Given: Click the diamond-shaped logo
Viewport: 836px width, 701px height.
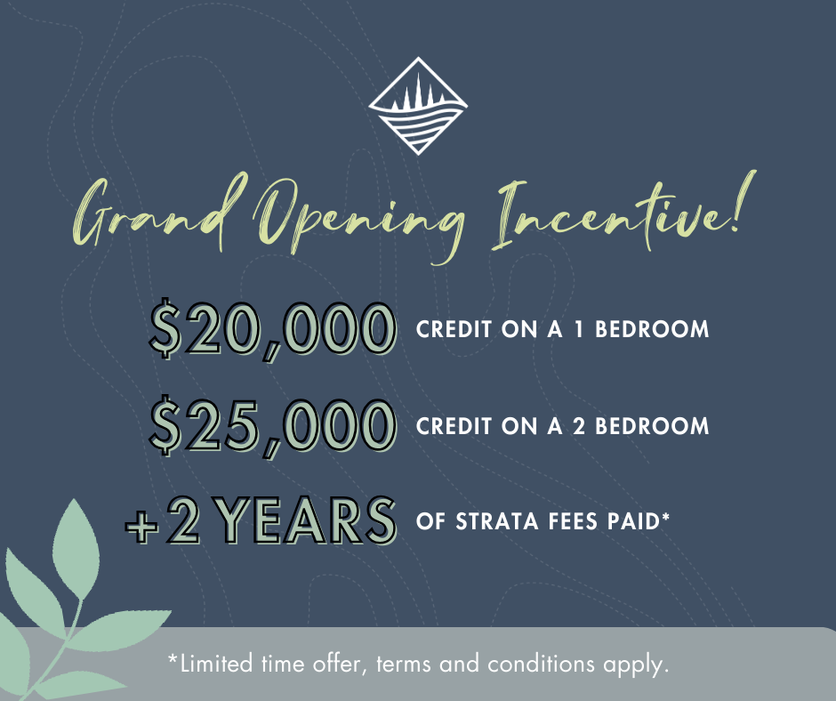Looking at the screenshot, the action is [x=418, y=106].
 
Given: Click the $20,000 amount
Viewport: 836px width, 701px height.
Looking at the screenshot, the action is [x=272, y=329].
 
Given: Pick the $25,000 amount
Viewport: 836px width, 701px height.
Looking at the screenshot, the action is [x=272, y=426].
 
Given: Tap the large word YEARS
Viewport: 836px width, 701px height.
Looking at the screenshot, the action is [x=307, y=520].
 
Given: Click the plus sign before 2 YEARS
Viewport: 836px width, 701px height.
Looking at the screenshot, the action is [x=141, y=526].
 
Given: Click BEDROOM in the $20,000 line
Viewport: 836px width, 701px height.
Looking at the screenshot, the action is [x=652, y=330].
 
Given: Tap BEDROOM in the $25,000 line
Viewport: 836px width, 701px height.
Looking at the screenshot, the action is [x=652, y=427].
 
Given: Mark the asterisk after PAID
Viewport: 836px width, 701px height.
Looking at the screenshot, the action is [x=665, y=517].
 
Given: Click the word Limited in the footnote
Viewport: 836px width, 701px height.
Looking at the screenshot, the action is [x=216, y=664].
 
